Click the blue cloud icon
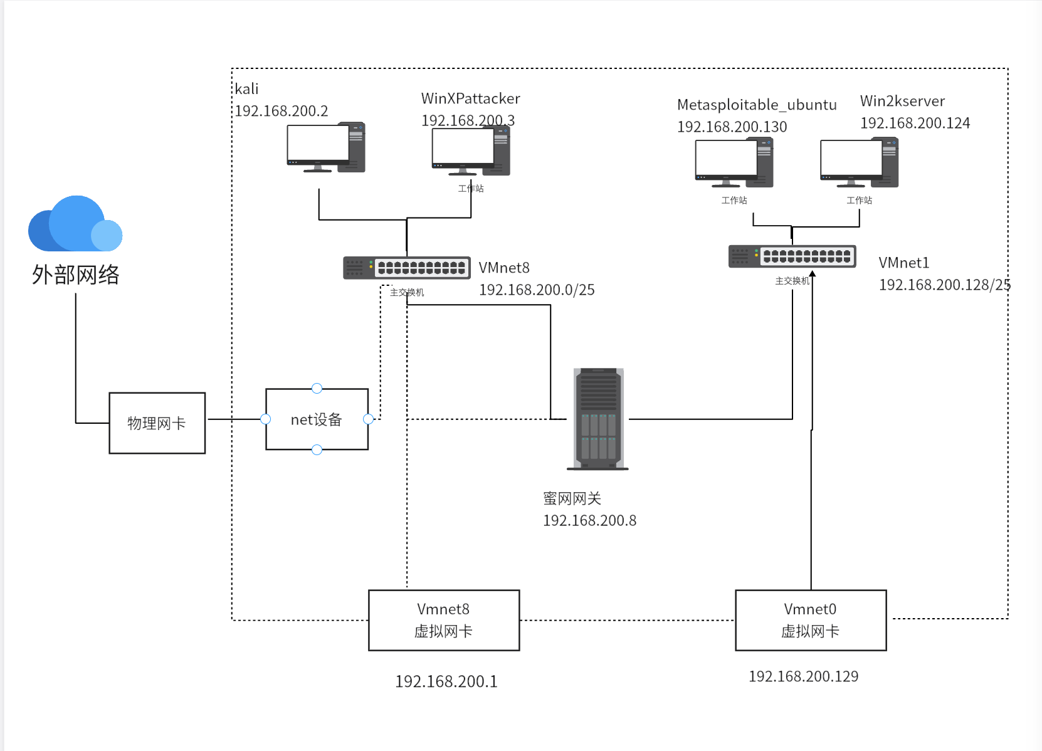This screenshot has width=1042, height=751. [75, 224]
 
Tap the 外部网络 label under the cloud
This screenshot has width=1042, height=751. [75, 275]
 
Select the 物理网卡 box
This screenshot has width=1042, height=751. [157, 423]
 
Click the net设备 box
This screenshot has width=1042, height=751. [317, 419]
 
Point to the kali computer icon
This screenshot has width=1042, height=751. [325, 148]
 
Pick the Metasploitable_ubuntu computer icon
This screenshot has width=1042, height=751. [734, 164]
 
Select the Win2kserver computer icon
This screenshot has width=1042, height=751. [859, 164]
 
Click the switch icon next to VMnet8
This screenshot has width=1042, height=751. [406, 268]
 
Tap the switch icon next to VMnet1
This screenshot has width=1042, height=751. [792, 256]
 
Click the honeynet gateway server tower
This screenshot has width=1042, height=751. [598, 419]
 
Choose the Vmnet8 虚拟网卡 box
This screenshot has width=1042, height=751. [444, 620]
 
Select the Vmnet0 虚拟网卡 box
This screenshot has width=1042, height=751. [811, 620]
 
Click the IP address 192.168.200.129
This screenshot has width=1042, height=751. [803, 676]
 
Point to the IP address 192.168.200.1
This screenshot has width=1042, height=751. [446, 681]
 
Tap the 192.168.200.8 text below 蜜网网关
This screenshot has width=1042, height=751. [589, 520]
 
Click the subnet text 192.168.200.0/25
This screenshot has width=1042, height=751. [537, 290]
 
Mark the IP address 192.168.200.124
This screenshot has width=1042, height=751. [915, 123]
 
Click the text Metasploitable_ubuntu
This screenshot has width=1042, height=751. [757, 105]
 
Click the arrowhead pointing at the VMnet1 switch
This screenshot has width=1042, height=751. [812, 273]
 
